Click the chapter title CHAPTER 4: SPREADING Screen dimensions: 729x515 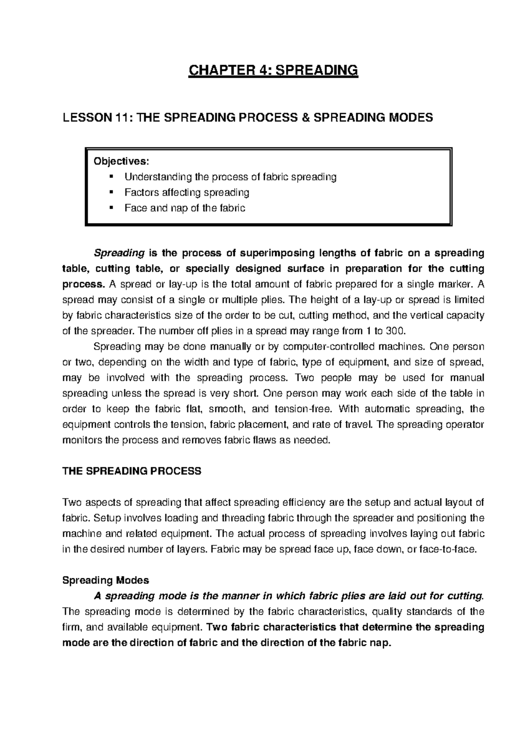coord(273,70)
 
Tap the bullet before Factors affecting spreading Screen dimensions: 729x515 coord(111,192)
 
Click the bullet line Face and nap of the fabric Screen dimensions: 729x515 coord(185,208)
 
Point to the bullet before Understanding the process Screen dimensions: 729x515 coord(111,176)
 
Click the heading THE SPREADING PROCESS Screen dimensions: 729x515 coord(132,471)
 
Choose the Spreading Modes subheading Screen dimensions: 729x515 coord(106,580)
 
